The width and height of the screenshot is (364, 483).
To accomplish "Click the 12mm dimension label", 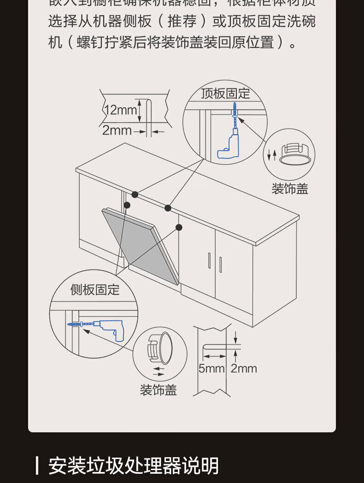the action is click(x=121, y=110).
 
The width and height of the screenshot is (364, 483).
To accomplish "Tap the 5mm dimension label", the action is click(x=211, y=368).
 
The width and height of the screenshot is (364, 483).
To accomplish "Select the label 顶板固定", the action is click(x=225, y=94).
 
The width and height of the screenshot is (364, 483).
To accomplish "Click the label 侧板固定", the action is click(x=95, y=289).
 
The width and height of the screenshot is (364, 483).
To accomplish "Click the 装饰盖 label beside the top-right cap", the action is click(x=289, y=188).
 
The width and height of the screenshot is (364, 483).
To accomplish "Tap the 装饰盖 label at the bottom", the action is click(x=159, y=390).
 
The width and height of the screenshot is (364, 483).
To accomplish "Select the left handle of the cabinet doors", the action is click(x=210, y=261).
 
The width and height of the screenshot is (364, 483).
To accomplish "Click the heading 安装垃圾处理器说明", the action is click(x=134, y=466).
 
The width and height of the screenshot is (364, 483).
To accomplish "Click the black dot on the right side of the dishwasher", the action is click(x=179, y=227).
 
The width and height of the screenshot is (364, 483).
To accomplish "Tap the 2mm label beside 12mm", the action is click(x=117, y=130).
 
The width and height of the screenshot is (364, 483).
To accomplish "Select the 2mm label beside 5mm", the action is click(x=244, y=368).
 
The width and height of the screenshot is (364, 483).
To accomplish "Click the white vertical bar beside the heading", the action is click(x=37, y=465).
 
